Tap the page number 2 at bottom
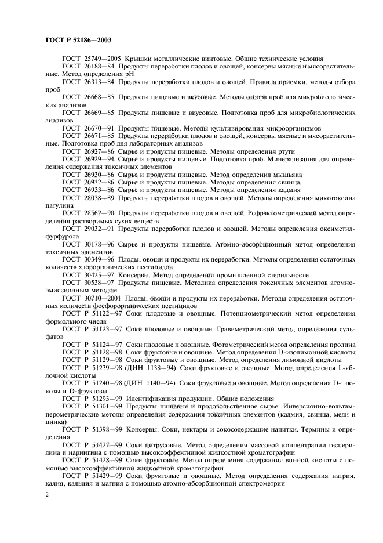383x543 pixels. pyautogui.click(x=47, y=494)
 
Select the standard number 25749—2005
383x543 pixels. pyautogui.click(x=101, y=59)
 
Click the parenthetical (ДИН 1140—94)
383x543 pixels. pyautogui.click(x=149, y=383)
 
